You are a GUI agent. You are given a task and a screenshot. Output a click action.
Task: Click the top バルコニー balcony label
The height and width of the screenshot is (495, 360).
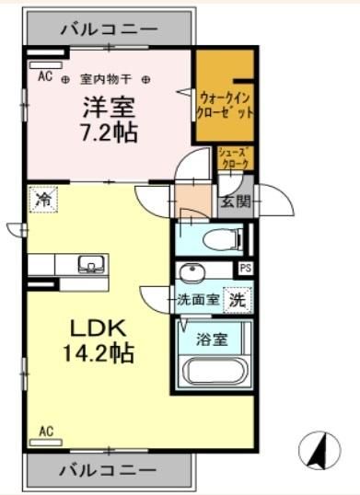pos(109,29)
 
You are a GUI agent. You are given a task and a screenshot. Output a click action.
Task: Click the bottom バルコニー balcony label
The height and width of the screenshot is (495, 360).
pos(109,469)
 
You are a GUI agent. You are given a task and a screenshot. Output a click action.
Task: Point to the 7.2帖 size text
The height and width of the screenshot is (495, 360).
pos(108,133)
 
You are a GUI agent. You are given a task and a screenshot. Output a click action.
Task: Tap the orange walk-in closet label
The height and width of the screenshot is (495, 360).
pos(226,104)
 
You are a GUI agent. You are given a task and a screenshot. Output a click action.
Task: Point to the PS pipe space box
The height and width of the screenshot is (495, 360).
pos(244,269)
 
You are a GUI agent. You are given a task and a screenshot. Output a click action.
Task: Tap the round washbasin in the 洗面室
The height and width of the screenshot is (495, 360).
pos(192,273)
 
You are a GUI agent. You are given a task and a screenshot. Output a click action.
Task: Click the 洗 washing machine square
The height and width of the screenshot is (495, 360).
pos(237,298)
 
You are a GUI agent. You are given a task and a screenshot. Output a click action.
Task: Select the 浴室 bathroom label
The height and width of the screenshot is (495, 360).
pos(212,339)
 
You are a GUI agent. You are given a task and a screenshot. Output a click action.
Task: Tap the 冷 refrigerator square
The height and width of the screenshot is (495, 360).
pos(42,198)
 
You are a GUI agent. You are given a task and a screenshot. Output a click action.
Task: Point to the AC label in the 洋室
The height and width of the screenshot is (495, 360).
pos(44,76)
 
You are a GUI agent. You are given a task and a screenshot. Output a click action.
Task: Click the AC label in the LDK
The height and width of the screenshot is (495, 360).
pos(46,430)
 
